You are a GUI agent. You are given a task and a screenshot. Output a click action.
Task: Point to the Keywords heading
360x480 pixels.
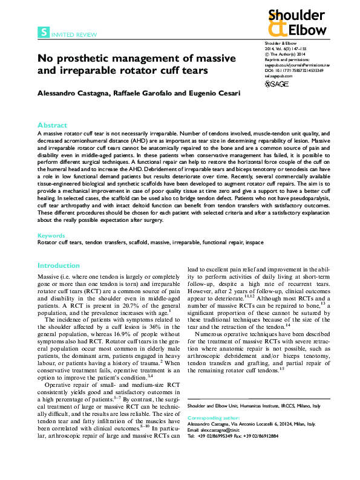(x=50, y=235)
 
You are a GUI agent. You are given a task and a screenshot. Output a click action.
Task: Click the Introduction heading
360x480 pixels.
(x=58, y=265)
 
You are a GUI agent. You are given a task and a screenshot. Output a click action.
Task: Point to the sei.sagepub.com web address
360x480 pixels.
(x=278, y=75)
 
